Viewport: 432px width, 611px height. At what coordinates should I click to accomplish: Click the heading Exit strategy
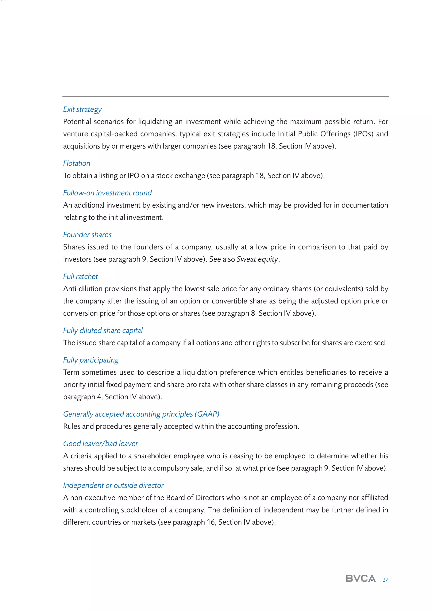click(x=82, y=109)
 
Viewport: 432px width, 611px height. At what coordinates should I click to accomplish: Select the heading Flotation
click(x=77, y=163)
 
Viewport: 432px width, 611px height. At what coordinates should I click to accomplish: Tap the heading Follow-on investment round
click(x=107, y=193)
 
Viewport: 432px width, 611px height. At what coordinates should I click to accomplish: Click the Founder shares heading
click(x=87, y=235)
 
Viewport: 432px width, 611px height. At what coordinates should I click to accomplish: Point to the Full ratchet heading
click(x=80, y=276)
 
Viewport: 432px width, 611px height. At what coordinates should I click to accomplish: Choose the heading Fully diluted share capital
click(x=103, y=331)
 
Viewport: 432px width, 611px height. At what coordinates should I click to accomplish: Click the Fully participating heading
click(x=91, y=360)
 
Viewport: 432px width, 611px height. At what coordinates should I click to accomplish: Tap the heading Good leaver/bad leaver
click(x=101, y=444)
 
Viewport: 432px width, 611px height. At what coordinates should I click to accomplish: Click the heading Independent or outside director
click(x=113, y=485)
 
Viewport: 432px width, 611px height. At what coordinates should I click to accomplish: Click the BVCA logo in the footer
click(x=360, y=578)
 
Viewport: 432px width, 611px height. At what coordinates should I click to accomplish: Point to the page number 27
click(x=385, y=580)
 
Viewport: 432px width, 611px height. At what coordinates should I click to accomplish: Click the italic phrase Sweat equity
click(x=257, y=259)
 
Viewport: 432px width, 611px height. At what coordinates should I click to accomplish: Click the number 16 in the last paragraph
click(x=211, y=522)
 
